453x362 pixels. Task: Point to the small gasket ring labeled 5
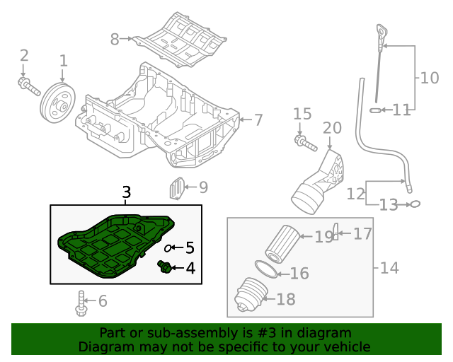point(170,248)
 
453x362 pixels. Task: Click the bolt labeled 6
point(81,303)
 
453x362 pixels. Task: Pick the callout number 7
point(258,120)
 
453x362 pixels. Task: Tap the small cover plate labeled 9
point(176,189)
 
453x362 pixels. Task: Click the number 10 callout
point(430,78)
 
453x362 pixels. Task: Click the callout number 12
point(356,193)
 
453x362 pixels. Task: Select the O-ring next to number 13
point(416,204)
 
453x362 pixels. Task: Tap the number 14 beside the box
point(389,268)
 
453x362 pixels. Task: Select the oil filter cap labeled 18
point(250,296)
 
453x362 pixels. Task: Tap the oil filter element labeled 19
point(281,243)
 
